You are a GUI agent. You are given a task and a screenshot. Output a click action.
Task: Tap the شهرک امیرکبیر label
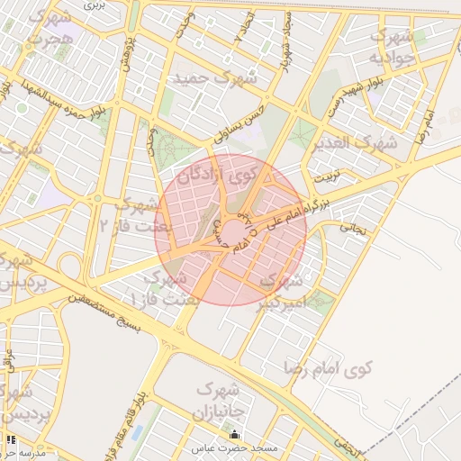click(x=286, y=292)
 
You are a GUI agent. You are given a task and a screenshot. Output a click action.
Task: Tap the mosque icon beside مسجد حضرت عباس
click(x=235, y=436)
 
